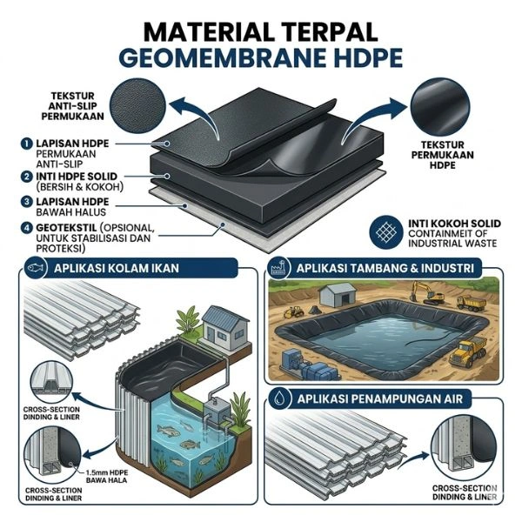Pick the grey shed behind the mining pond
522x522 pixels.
tap(335, 297)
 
